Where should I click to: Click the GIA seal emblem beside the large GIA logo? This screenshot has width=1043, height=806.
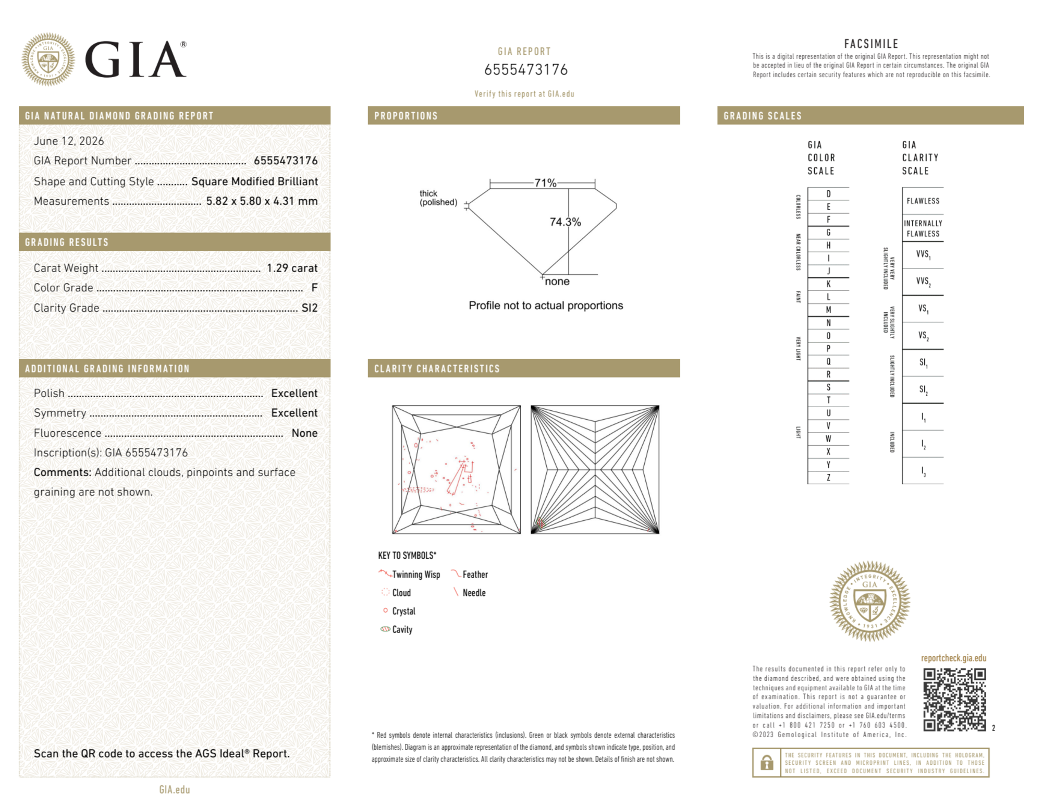pos(48,59)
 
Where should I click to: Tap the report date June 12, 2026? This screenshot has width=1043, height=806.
pos(69,141)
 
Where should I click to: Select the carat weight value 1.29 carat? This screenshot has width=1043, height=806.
pos(292,268)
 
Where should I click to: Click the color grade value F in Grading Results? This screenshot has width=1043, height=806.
pos(314,288)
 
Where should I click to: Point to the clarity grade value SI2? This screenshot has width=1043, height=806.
pos(310,308)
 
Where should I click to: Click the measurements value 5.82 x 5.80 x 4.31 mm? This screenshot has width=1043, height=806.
pos(262,201)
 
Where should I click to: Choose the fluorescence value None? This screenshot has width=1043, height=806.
pos(304,433)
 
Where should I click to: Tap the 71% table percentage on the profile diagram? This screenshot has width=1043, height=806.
pos(545,183)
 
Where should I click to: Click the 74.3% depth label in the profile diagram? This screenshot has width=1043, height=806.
pos(565,222)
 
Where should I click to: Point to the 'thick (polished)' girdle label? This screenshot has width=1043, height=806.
pos(438,198)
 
